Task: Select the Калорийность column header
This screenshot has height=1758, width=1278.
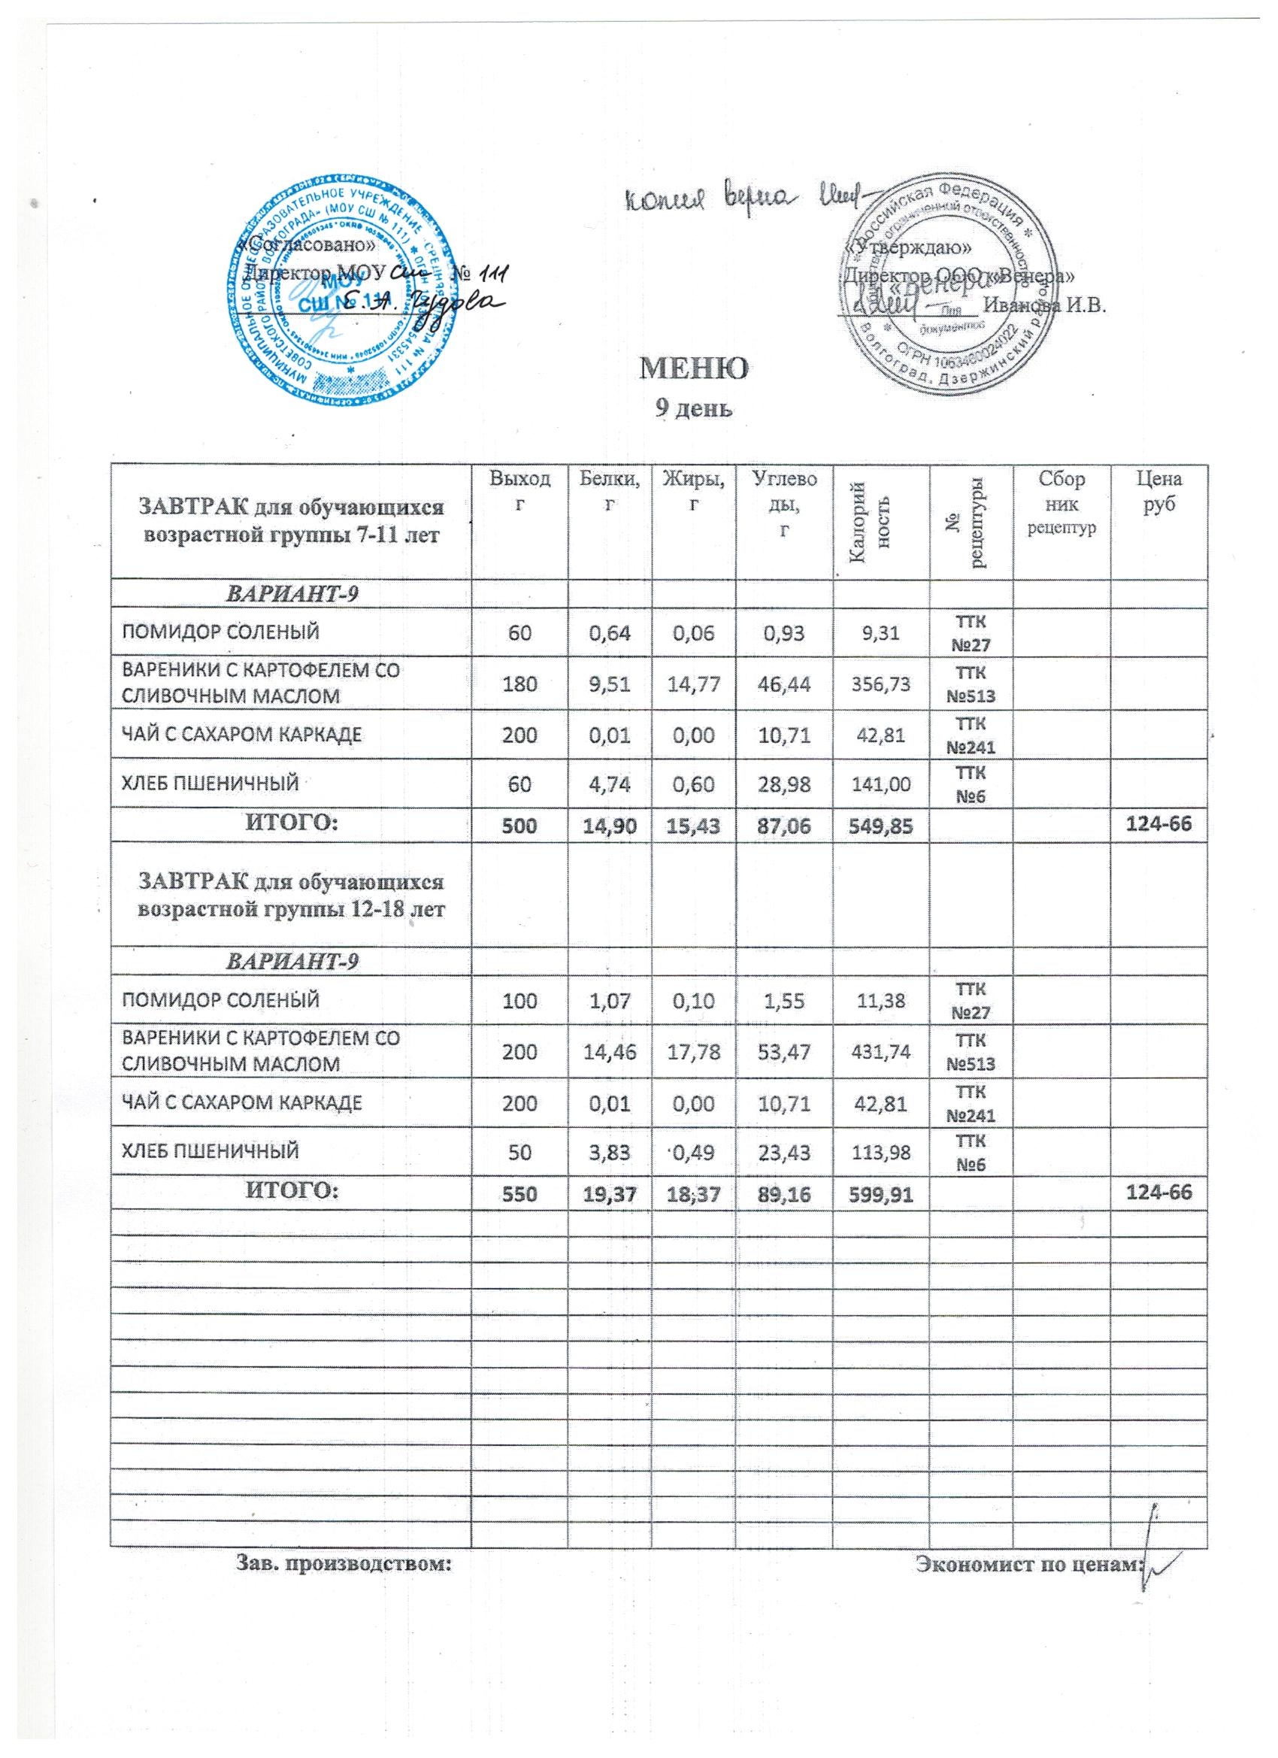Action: [881, 521]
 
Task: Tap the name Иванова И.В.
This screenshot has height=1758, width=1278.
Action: [1043, 304]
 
